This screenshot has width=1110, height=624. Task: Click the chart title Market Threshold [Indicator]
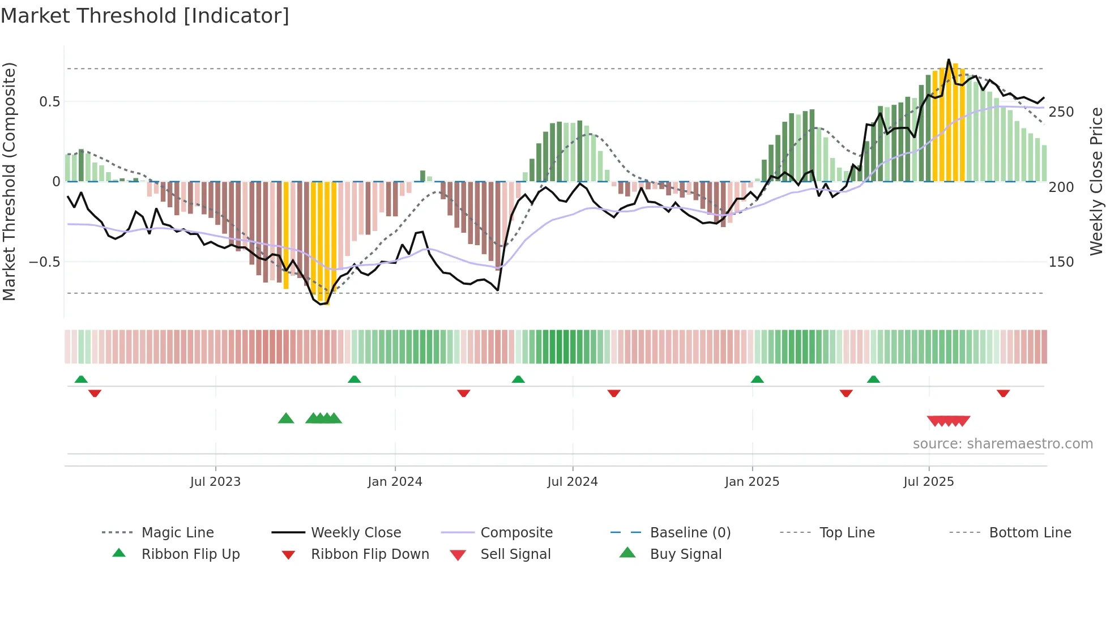145,16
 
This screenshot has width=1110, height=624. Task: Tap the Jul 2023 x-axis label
215,482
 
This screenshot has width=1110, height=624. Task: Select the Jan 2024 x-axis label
395,482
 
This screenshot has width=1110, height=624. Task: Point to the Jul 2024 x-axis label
572,482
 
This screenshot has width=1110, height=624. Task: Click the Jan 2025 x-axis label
752,482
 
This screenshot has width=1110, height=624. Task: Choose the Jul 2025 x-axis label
928,482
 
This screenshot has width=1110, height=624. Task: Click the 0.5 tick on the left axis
49,102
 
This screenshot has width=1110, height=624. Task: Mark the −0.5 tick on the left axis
44,262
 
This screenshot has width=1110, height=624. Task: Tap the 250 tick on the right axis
1061,112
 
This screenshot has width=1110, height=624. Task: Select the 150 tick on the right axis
1061,262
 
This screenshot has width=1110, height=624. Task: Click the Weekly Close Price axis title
1096,181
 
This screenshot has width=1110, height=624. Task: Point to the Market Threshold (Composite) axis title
9,181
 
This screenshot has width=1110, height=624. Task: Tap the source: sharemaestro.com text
1002,444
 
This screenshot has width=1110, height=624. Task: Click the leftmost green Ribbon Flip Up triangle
81,379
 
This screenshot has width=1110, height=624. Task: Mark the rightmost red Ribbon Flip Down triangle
1003,393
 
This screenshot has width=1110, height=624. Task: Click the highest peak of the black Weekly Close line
949,59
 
